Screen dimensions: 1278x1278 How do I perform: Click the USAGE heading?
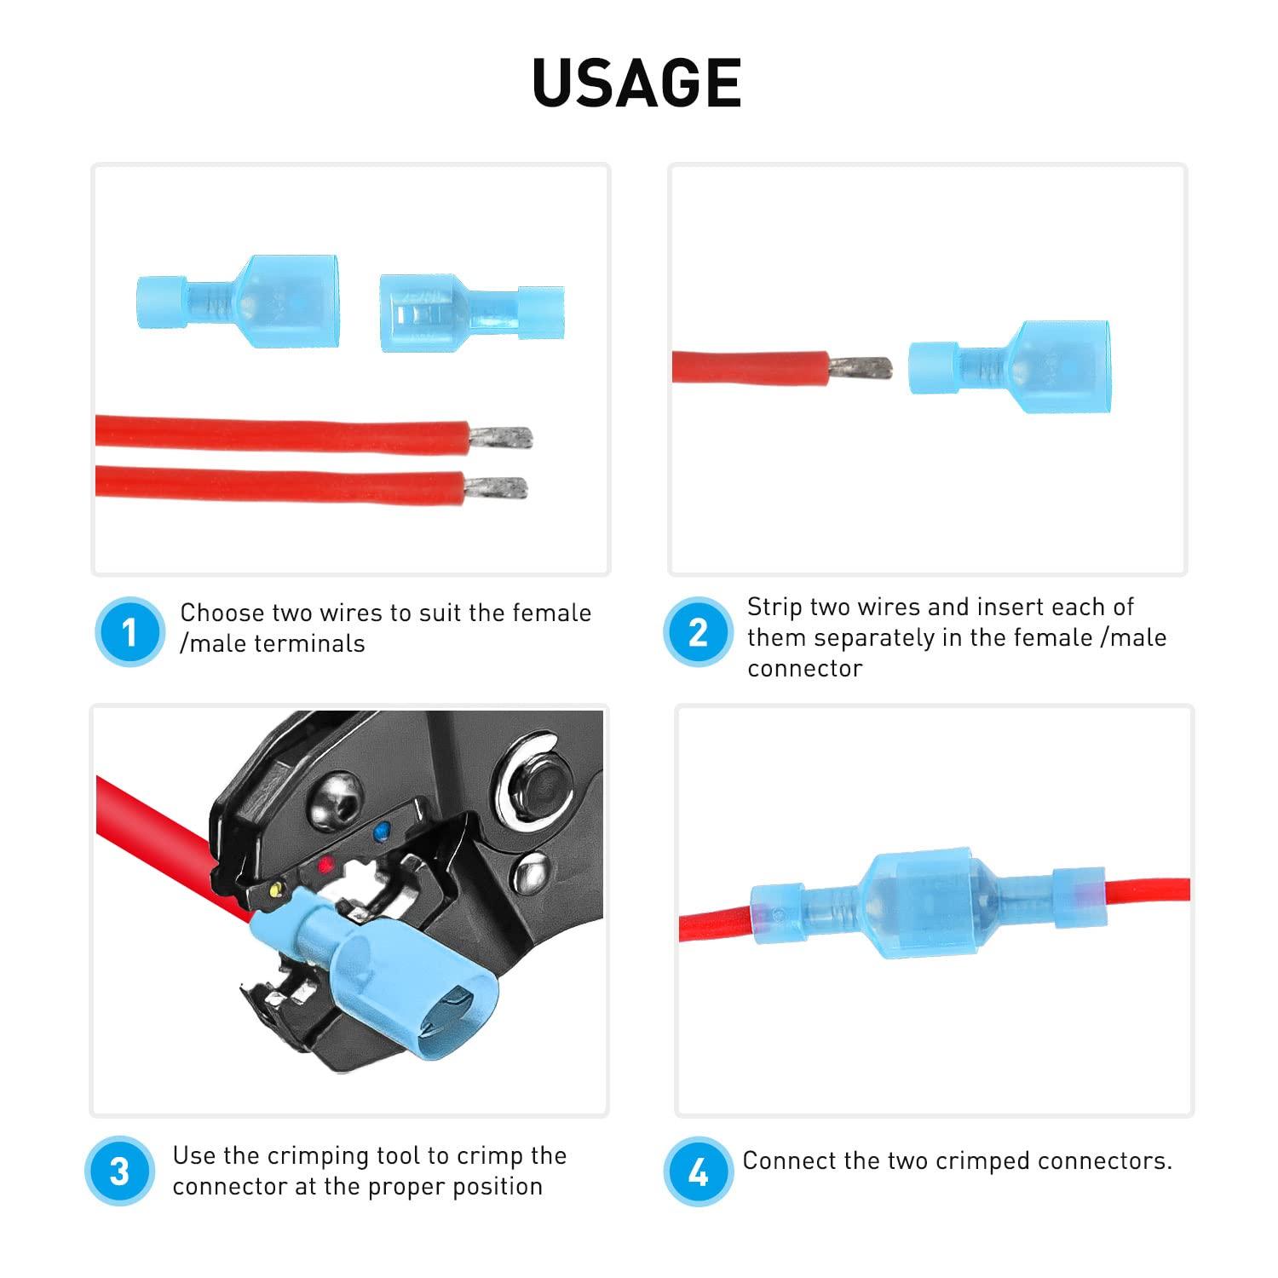tap(637, 83)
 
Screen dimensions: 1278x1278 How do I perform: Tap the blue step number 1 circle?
tap(130, 632)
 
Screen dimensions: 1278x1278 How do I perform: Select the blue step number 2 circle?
tap(698, 632)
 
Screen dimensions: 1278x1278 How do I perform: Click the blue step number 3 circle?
tap(120, 1171)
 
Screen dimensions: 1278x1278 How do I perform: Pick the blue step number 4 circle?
tap(698, 1171)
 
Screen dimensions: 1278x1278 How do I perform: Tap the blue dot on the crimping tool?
tap(381, 827)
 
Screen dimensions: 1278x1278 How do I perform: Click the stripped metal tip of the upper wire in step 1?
tap(503, 438)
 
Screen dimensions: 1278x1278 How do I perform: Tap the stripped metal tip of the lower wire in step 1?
tap(498, 489)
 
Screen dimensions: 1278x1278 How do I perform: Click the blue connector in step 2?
tap(1010, 366)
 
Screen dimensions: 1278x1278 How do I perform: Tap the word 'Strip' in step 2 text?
tap(773, 607)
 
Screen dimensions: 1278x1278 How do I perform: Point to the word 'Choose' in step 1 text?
tap(222, 613)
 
